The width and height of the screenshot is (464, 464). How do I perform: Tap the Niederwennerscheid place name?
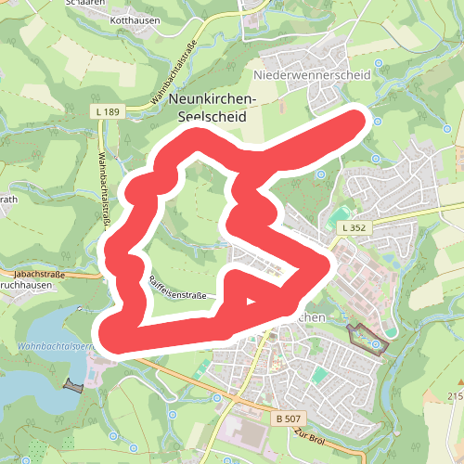click(311, 73)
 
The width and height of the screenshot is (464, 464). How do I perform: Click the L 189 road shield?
click(109, 111)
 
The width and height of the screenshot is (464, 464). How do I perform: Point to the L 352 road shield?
click(352, 227)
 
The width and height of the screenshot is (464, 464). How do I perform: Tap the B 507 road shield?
click(288, 419)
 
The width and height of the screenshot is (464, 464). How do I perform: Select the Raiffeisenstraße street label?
click(176, 290)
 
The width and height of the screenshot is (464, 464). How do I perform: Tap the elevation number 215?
click(455, 396)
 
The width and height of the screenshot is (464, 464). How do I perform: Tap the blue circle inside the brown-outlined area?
click(375, 345)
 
